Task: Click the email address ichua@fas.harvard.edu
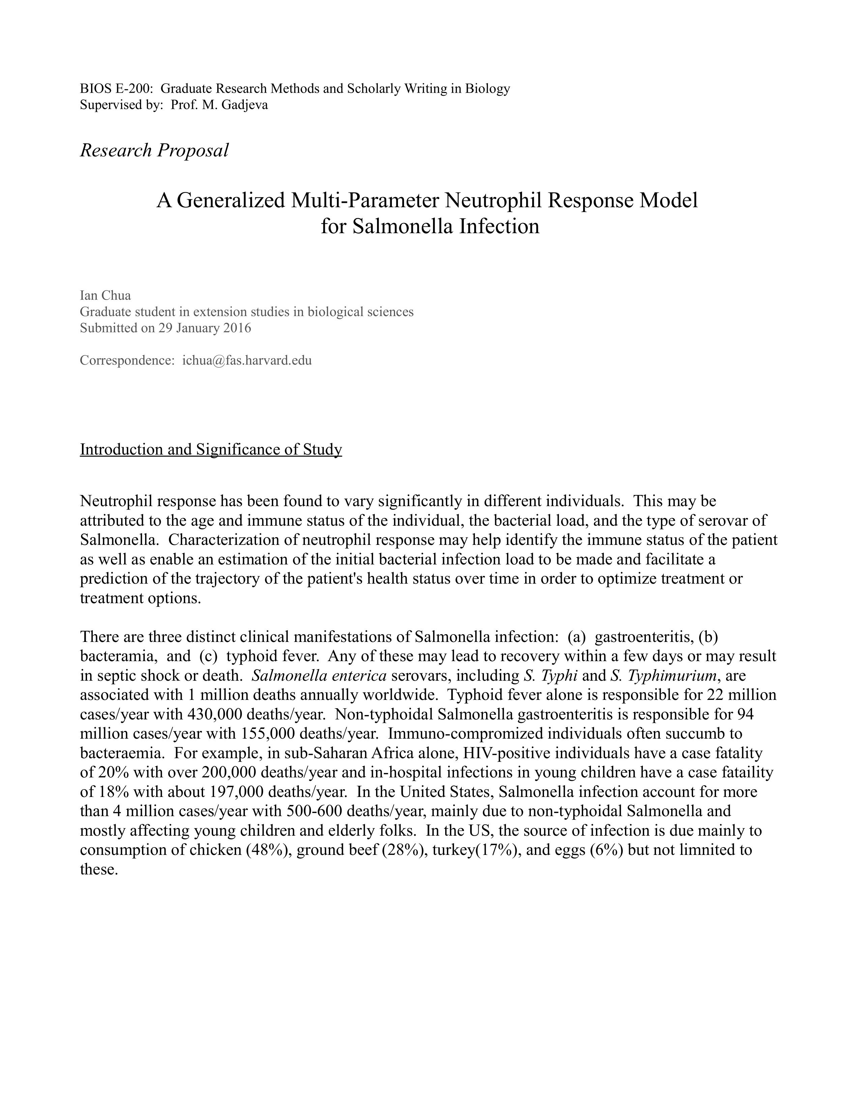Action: tap(247, 361)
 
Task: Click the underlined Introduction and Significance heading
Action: tap(211, 450)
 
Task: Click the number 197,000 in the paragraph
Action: tap(236, 792)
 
